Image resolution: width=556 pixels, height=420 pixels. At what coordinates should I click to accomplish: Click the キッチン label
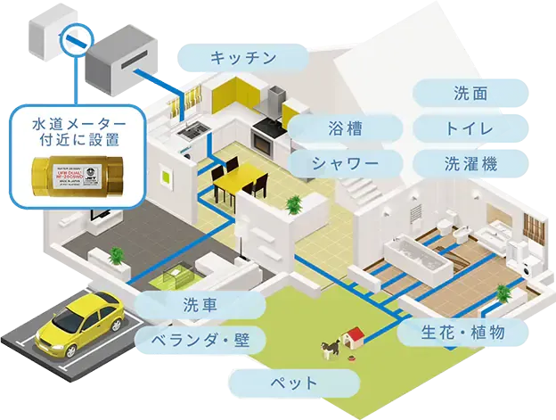tap(242, 59)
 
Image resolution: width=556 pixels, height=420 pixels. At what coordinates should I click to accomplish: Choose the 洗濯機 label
tap(471, 163)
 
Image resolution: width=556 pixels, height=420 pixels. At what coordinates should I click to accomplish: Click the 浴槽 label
tap(345, 128)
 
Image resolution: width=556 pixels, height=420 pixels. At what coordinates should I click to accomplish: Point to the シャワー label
tap(345, 163)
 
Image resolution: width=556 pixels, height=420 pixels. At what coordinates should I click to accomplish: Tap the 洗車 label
tap(201, 305)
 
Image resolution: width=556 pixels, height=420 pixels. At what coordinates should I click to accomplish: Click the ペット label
tap(293, 383)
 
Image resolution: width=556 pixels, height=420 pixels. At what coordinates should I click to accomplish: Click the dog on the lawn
tap(329, 345)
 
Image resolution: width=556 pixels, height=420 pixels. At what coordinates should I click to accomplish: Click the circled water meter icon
tap(69, 40)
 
